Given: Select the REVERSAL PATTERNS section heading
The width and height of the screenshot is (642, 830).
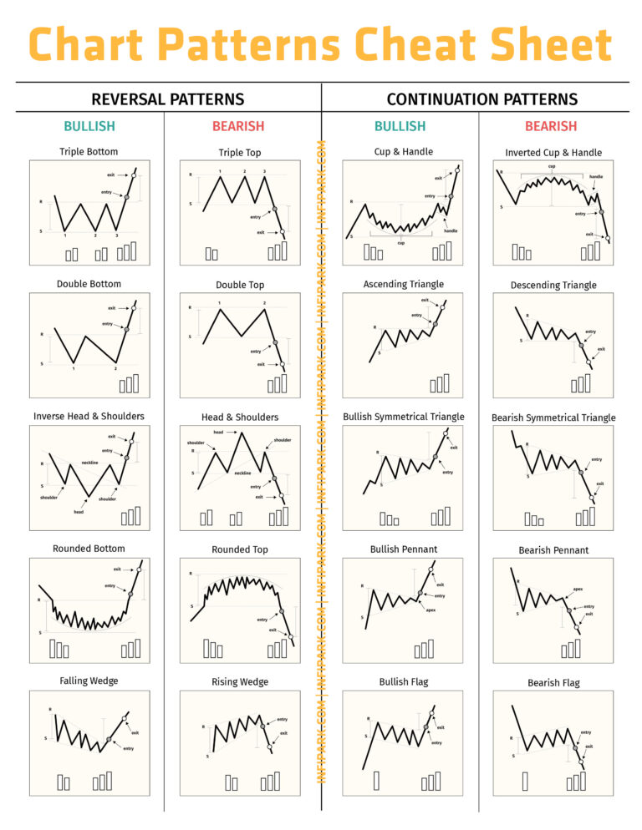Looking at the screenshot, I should click(167, 99).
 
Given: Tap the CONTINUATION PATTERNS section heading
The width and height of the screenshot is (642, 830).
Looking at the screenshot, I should click(481, 99).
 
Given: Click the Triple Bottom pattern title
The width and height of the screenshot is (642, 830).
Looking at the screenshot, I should click(89, 152).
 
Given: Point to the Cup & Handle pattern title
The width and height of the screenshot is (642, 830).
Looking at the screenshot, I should click(403, 152).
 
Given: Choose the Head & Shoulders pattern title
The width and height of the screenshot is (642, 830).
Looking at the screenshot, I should click(240, 417).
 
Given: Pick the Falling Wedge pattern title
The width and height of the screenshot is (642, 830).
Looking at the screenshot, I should click(89, 681).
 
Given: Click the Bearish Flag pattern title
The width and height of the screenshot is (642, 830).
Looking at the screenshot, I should click(553, 682).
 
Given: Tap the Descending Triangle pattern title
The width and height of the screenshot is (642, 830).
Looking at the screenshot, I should click(553, 285).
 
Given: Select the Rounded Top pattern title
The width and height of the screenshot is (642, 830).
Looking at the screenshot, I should click(240, 549).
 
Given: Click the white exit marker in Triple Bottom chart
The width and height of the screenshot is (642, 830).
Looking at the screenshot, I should click(134, 175).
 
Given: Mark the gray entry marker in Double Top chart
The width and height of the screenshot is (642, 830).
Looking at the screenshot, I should click(275, 342).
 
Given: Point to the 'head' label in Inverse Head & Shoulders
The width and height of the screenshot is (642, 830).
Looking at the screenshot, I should click(78, 512).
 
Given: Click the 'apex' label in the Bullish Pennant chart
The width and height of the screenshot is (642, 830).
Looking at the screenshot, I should click(431, 610).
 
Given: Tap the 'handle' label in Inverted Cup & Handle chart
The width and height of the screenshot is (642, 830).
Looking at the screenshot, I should click(596, 177).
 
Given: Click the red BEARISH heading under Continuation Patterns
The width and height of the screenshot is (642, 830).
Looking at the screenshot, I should click(551, 126).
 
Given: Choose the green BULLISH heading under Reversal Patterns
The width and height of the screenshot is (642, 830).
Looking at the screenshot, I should click(89, 126).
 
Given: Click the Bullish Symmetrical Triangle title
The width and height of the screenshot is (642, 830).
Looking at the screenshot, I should click(403, 417).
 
